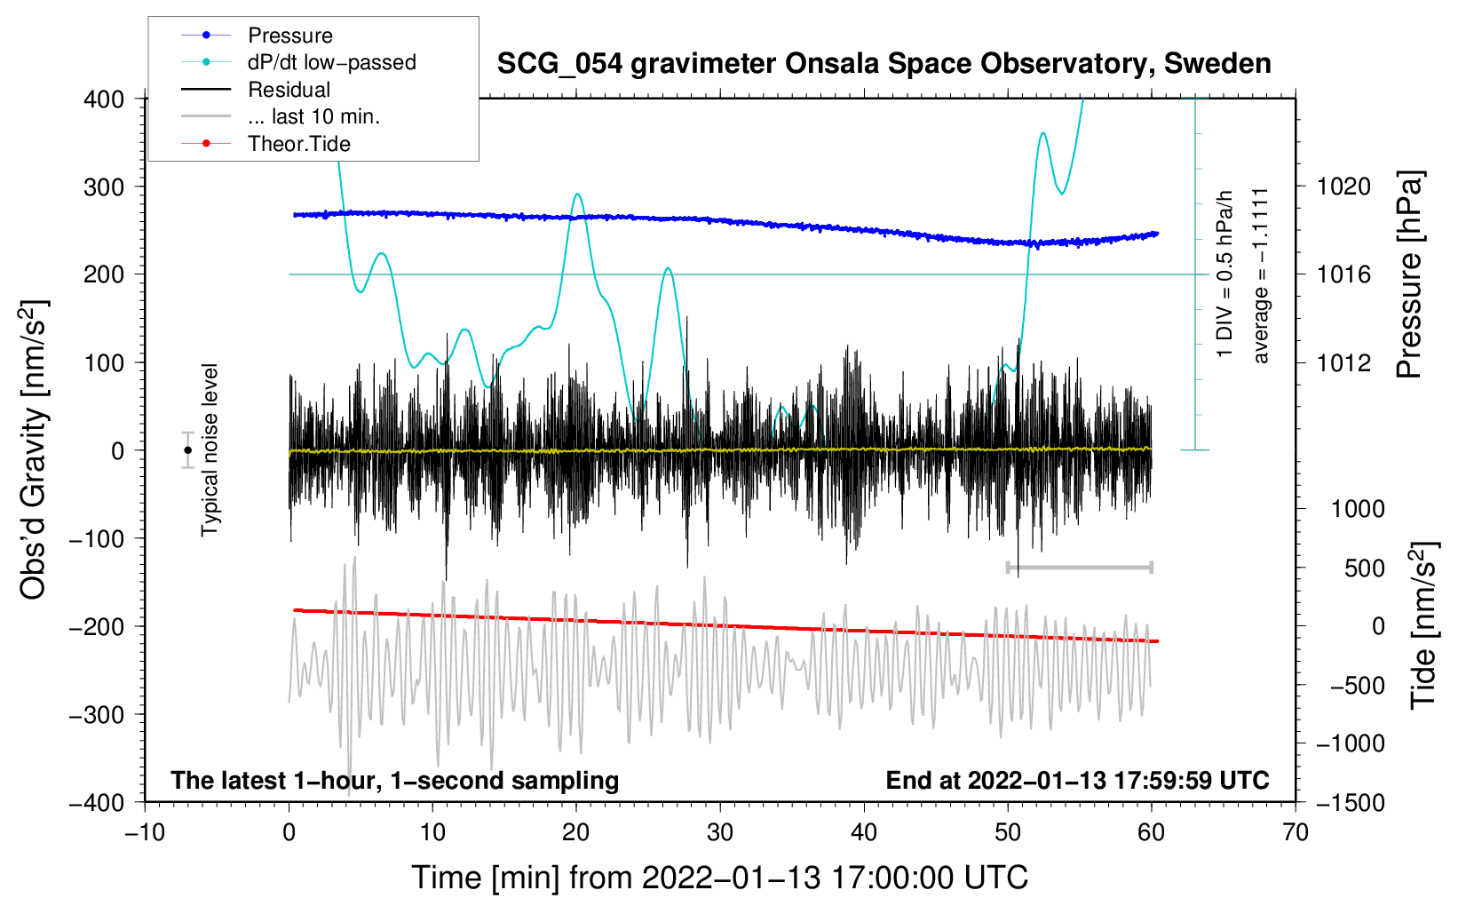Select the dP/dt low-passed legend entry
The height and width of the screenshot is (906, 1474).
tap(331, 62)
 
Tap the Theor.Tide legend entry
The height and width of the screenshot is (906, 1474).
tap(298, 144)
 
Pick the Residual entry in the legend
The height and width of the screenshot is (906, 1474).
tap(289, 90)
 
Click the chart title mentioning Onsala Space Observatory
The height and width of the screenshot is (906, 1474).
tap(884, 64)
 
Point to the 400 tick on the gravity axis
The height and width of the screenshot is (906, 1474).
tap(105, 99)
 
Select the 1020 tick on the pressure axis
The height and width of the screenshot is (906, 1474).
tap(1343, 187)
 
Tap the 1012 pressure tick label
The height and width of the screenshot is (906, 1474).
tap(1343, 362)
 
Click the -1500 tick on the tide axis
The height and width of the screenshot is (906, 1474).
tap(1350, 802)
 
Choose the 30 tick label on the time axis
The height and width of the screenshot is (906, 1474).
tap(720, 832)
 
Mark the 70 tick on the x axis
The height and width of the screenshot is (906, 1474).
tap(1296, 832)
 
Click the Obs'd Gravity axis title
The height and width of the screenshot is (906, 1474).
tap(34, 449)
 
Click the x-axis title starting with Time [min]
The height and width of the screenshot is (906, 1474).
tap(719, 878)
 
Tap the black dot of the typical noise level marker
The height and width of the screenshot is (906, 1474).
tap(188, 450)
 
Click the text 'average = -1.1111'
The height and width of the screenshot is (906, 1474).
tap(1261, 275)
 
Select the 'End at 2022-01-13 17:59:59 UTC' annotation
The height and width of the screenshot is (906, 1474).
tap(1077, 780)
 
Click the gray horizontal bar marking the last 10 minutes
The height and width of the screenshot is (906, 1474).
tap(1079, 567)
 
